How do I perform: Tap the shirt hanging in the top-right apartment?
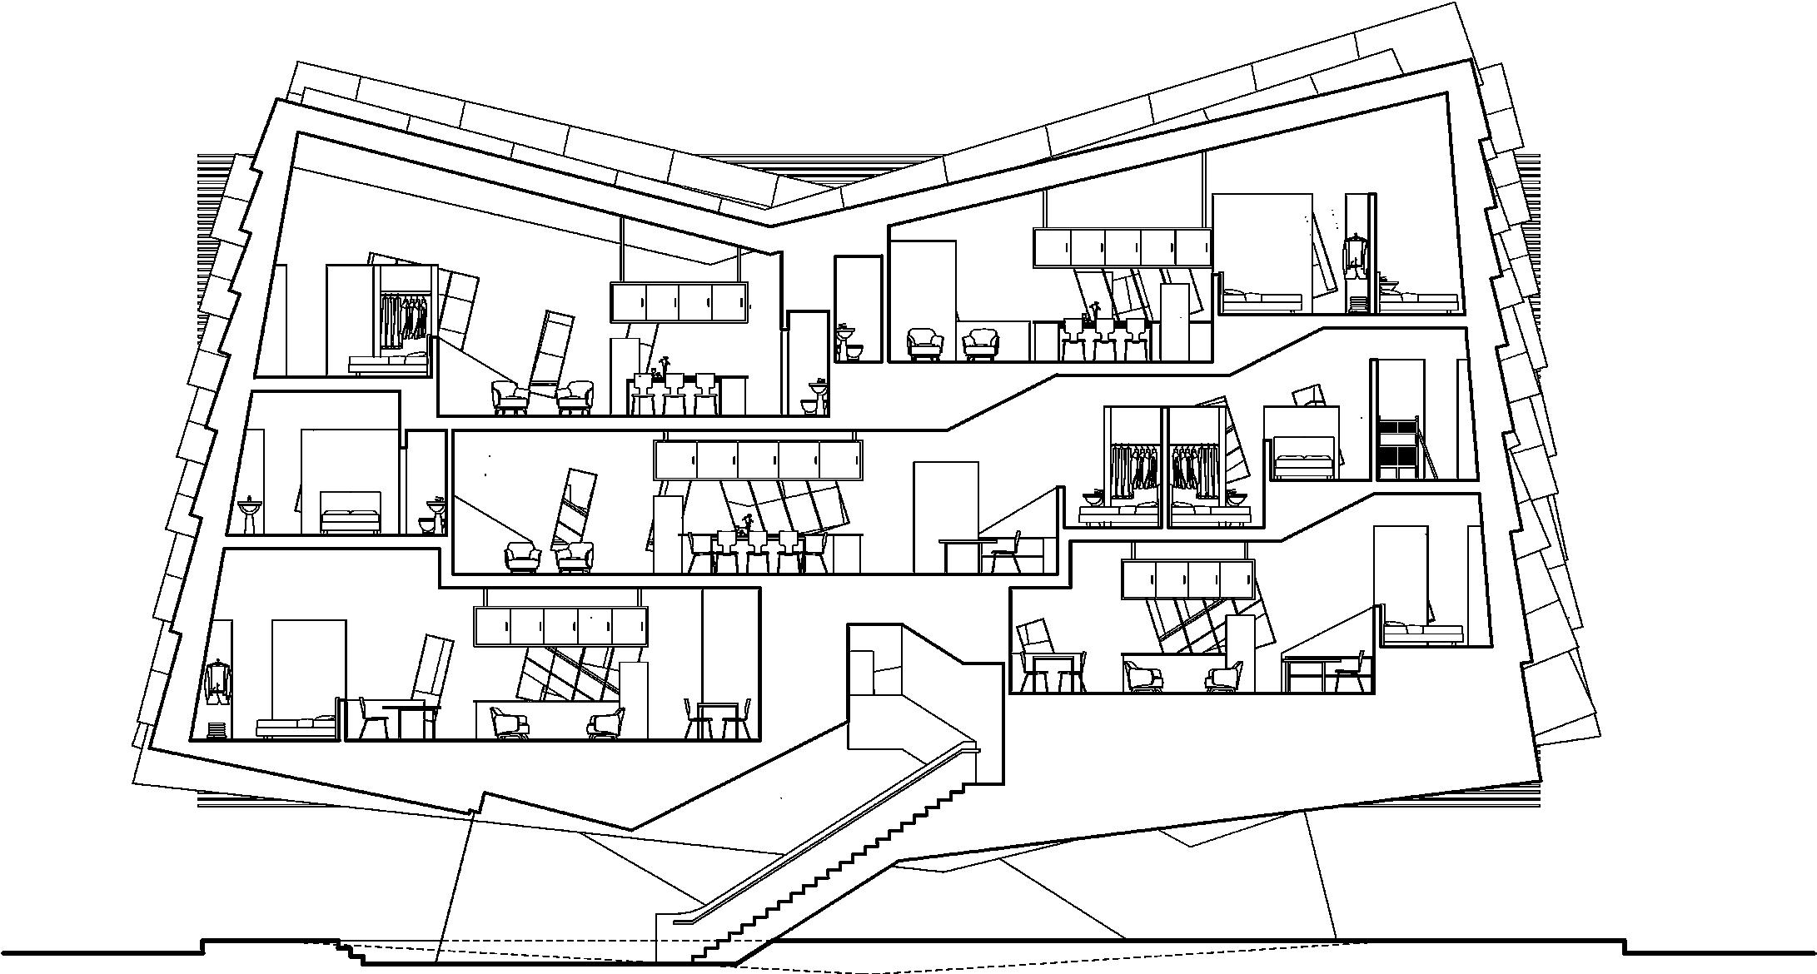click(x=1357, y=255)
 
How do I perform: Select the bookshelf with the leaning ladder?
click(x=1397, y=449)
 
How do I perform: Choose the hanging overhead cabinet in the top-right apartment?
click(x=1122, y=247)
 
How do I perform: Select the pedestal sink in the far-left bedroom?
click(x=248, y=514)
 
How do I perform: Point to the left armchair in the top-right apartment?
click(x=924, y=343)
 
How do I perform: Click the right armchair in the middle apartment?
click(x=575, y=556)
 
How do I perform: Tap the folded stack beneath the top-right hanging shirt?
click(x=1357, y=304)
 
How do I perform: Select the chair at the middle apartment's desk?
click(x=1006, y=553)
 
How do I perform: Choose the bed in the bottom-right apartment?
click(x=1422, y=635)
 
